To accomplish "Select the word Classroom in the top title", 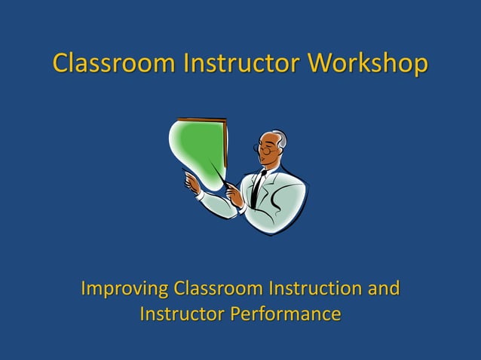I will (x=112, y=65).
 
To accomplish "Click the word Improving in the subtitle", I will (x=124, y=289).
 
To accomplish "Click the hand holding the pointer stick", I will (x=236, y=197).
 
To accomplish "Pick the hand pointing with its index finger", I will (x=193, y=182).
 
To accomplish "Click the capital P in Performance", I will (x=237, y=313).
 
